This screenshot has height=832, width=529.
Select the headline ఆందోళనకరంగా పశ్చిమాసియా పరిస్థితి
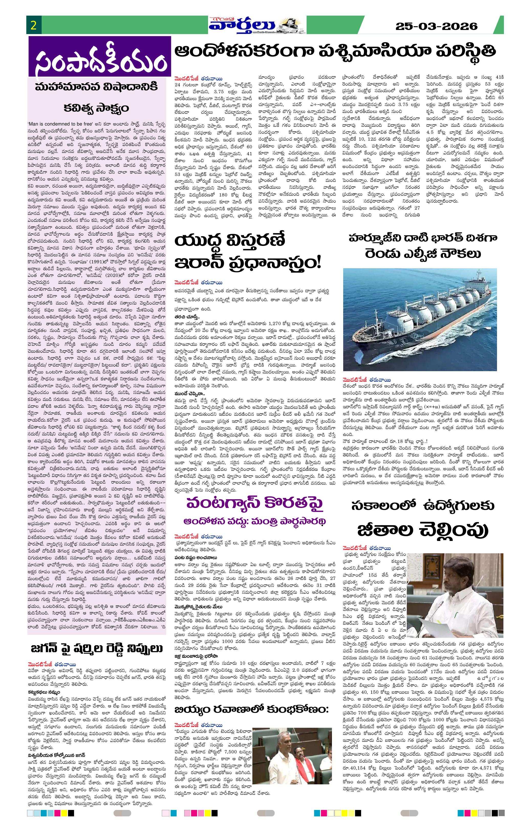point(335,52)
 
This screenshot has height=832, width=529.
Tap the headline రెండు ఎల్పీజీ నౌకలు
point(423,254)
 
